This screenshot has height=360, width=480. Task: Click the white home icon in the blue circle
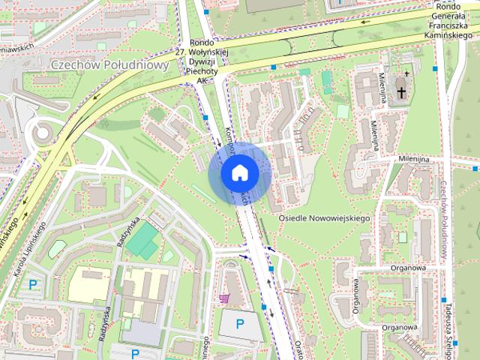[x=240, y=173]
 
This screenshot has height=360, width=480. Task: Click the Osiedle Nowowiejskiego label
[x=324, y=217]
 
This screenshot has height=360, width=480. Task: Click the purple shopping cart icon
[x=223, y=298]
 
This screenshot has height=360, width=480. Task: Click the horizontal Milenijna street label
[x=413, y=160]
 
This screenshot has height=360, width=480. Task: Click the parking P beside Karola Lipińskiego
[x=31, y=284]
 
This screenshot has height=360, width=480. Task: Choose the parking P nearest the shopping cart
[x=240, y=324]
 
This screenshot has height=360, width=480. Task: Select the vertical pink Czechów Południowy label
[x=444, y=217]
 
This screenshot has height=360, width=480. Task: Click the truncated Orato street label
[x=298, y=349]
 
